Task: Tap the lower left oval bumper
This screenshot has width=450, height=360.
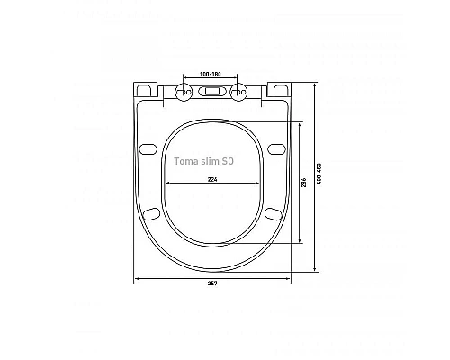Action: (152, 213)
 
